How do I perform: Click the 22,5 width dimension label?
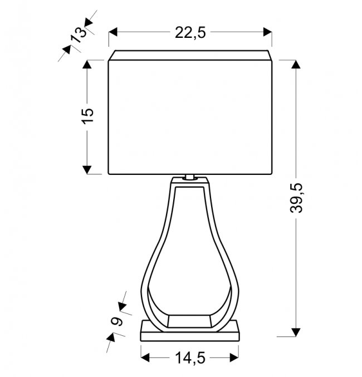point(190,32)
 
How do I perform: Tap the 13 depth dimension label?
point(79,35)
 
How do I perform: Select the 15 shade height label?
point(88,116)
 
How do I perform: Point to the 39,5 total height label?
point(296,198)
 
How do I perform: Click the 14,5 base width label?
point(190,358)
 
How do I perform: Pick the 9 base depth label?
point(116,321)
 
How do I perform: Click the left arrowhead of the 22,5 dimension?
point(113,32)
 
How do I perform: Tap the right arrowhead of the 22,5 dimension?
point(267,32)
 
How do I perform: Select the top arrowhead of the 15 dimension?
point(87,64)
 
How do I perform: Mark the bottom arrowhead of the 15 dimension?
point(87,170)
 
